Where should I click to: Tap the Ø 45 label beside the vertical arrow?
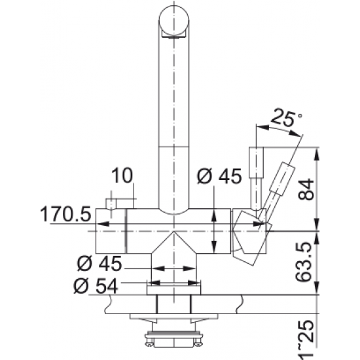tap(219, 175)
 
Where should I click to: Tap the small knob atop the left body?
tap(112, 204)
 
